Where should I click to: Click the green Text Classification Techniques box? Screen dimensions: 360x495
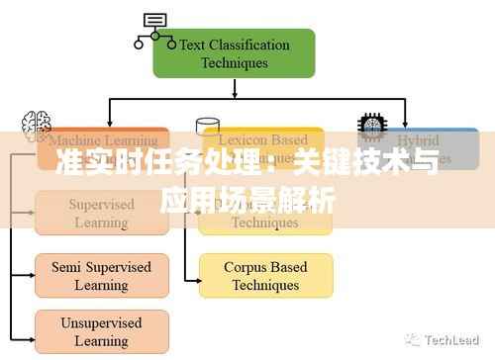(234, 53)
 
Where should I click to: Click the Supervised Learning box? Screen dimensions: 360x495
(103, 213)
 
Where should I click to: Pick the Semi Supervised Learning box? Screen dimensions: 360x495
(103, 276)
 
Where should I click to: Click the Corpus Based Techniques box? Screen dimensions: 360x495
(265, 276)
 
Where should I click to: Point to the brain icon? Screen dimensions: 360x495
(37, 124)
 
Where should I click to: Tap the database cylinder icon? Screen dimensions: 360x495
(208, 127)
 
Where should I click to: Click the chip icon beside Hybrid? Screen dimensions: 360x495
(371, 126)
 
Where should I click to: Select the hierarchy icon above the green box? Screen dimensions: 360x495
(152, 29)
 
